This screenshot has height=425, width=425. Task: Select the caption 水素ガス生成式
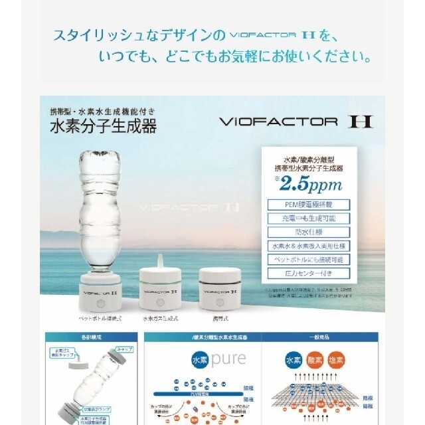[x=159, y=319]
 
